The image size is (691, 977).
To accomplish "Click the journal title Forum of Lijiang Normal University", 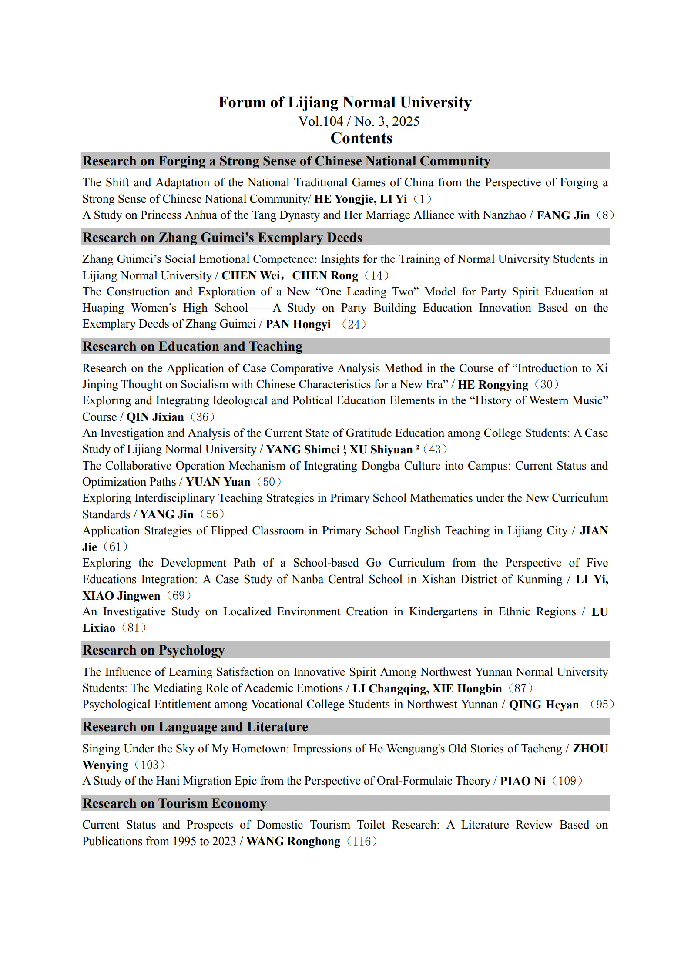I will click(345, 102).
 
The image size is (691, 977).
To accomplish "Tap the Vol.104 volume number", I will click(321, 121).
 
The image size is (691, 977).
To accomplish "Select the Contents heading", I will click(361, 138).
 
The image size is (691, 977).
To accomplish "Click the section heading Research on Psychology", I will click(154, 650).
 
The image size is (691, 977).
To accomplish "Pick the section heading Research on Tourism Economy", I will click(174, 803).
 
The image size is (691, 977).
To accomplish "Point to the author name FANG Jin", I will click(563, 215).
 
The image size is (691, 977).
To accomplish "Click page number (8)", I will click(605, 215).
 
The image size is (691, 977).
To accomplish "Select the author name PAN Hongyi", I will click(298, 324).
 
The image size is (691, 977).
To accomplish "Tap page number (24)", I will click(354, 324).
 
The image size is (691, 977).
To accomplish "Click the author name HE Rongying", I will click(493, 385).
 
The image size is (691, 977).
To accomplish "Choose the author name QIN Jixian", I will click(155, 417).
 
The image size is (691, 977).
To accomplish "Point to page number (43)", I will click(435, 449).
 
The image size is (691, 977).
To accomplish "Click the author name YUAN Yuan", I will click(218, 482).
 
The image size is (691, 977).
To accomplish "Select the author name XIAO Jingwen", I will click(121, 596).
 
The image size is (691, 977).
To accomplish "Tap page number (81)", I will click(134, 628).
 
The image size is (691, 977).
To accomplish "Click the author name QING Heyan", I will click(544, 705).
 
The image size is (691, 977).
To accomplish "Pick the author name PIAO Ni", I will click(523, 781).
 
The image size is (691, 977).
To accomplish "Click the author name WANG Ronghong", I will click(293, 841).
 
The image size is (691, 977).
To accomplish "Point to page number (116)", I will click(362, 841).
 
